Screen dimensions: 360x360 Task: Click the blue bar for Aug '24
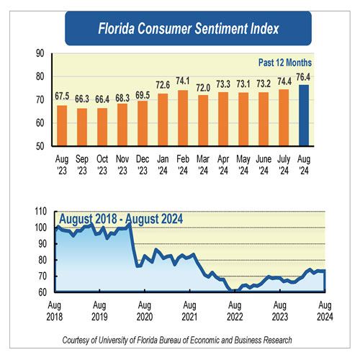pyautogui.click(x=304, y=115)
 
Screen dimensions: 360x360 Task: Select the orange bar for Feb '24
pyautogui.click(x=183, y=118)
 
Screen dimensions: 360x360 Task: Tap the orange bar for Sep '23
pyautogui.click(x=82, y=127)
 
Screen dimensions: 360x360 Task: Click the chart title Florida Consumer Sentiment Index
pyautogui.click(x=179, y=30)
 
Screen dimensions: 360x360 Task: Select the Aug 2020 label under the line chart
pyautogui.click(x=144, y=310)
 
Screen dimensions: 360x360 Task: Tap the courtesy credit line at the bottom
pyautogui.click(x=180, y=339)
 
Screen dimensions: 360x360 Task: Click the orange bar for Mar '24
pyautogui.click(x=203, y=121)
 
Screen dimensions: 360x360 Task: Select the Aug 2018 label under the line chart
pyautogui.click(x=55, y=310)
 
